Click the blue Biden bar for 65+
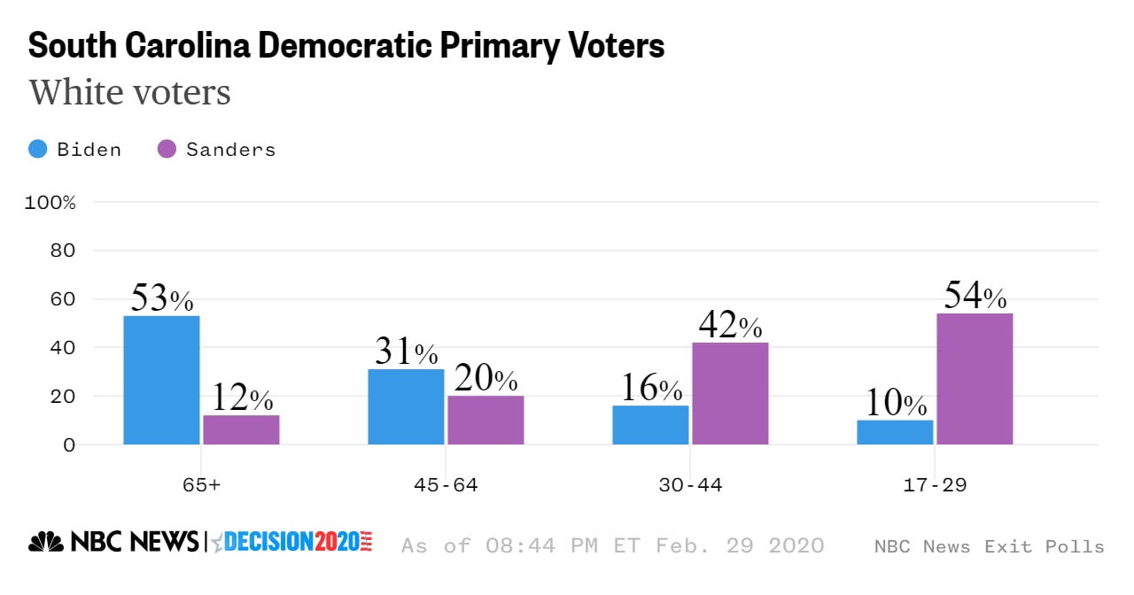pos(161,380)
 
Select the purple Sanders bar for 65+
pos(241,429)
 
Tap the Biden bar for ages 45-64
pos(406,406)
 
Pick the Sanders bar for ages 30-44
pos(730,393)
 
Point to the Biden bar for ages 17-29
pos(895,432)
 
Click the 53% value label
pos(161,298)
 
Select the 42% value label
pos(730,326)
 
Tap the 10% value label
pos(895,403)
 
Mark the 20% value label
pos(485,378)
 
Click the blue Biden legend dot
pos(38,150)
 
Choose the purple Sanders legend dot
pos(167,150)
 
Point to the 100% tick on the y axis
pos(50,203)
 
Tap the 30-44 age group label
pos(690,485)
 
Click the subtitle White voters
pos(130,92)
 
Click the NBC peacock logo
pos(46,542)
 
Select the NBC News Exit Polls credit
pos(989,546)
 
